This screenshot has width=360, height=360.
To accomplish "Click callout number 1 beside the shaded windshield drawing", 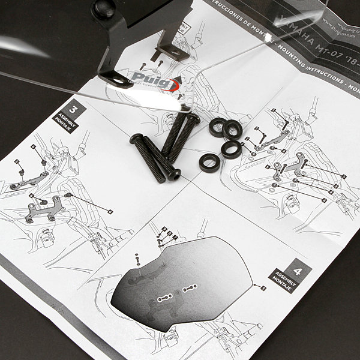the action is (x=263, y=288).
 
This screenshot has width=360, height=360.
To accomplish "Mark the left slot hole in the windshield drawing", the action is (x=164, y=298).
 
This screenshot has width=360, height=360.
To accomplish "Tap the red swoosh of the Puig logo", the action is (x=172, y=83).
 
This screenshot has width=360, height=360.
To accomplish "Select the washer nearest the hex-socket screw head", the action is (x=209, y=162).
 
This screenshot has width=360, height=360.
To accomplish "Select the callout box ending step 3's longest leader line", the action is (x=110, y=211).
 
